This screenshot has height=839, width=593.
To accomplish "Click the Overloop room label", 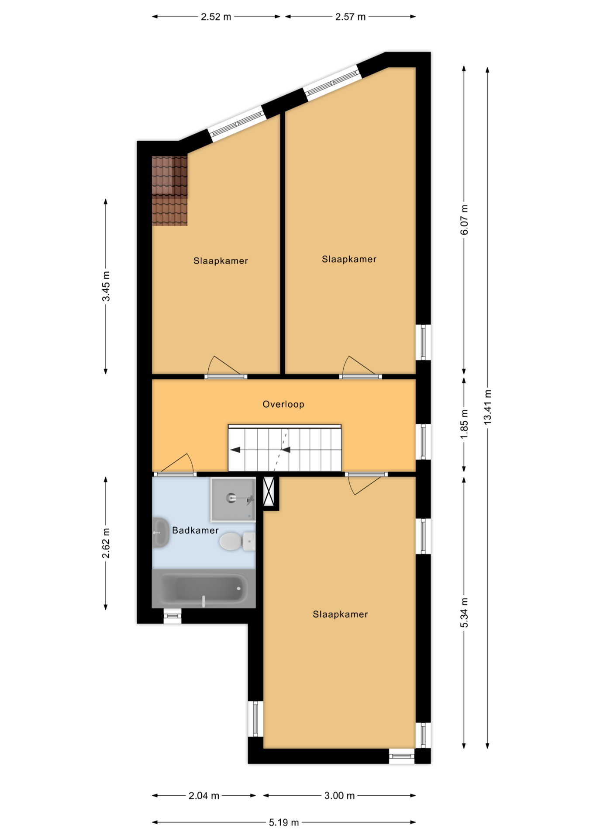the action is [283, 404].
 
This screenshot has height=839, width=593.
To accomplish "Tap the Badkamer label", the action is [195, 530].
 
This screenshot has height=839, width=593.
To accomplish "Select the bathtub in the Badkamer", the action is [203, 589].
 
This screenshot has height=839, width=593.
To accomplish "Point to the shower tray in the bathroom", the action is [233, 500].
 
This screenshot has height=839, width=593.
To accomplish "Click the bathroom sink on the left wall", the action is [160, 533].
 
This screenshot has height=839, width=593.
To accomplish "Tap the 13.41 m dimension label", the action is [488, 407].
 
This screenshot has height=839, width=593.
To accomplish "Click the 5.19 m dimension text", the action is [284, 822].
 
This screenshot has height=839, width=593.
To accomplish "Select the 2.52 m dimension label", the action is [216, 17].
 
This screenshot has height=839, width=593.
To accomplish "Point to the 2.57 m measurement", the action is [351, 17].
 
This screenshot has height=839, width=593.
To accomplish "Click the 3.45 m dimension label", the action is [106, 286].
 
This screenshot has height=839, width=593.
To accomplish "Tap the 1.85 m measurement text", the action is [464, 424].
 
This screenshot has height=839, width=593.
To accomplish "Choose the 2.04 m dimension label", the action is [204, 796].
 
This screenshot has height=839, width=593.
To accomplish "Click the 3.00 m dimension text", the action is [339, 796].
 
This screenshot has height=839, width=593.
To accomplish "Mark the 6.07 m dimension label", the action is [464, 220].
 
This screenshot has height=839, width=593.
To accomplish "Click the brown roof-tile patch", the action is [169, 191].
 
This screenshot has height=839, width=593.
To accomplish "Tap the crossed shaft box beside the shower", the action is [269, 492].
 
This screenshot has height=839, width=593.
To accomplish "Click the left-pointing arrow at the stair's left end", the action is [235, 450].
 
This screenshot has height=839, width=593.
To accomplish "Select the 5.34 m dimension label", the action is [464, 613].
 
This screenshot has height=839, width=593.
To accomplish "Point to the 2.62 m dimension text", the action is [106, 543].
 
